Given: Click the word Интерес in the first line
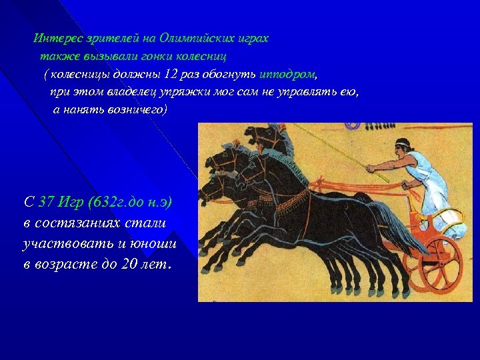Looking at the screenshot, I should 57,38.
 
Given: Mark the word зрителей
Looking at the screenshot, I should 109,38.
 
